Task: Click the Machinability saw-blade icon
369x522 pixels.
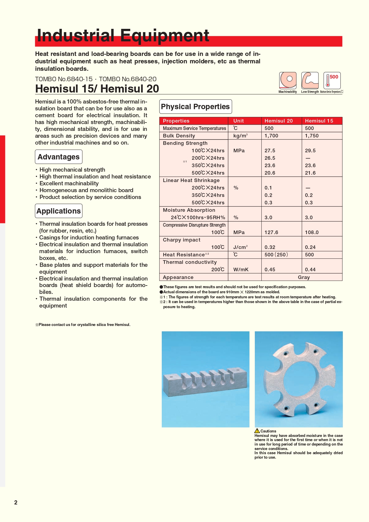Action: coord(288,80)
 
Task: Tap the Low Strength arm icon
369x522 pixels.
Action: coord(310,80)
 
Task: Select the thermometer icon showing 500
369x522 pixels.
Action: coord(332,80)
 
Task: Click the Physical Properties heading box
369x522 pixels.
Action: coord(195,106)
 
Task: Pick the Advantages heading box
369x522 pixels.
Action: coord(59,157)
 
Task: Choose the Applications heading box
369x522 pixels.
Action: coord(59,211)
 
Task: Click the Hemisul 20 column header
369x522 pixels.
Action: coord(279,121)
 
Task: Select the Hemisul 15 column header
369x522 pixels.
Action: coord(319,121)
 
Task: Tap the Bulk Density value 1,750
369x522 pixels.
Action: coord(312,136)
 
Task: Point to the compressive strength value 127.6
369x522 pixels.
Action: coord(271,232)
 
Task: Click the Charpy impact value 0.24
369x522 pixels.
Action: coord(310,247)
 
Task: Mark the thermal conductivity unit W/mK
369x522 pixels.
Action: coord(241,269)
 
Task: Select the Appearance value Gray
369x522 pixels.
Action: coord(304,277)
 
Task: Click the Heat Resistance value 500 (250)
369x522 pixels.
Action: coord(276,255)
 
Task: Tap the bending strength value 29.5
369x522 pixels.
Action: coord(310,151)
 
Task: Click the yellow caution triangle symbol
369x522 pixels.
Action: coord(257,431)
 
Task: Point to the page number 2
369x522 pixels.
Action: coord(16,502)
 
